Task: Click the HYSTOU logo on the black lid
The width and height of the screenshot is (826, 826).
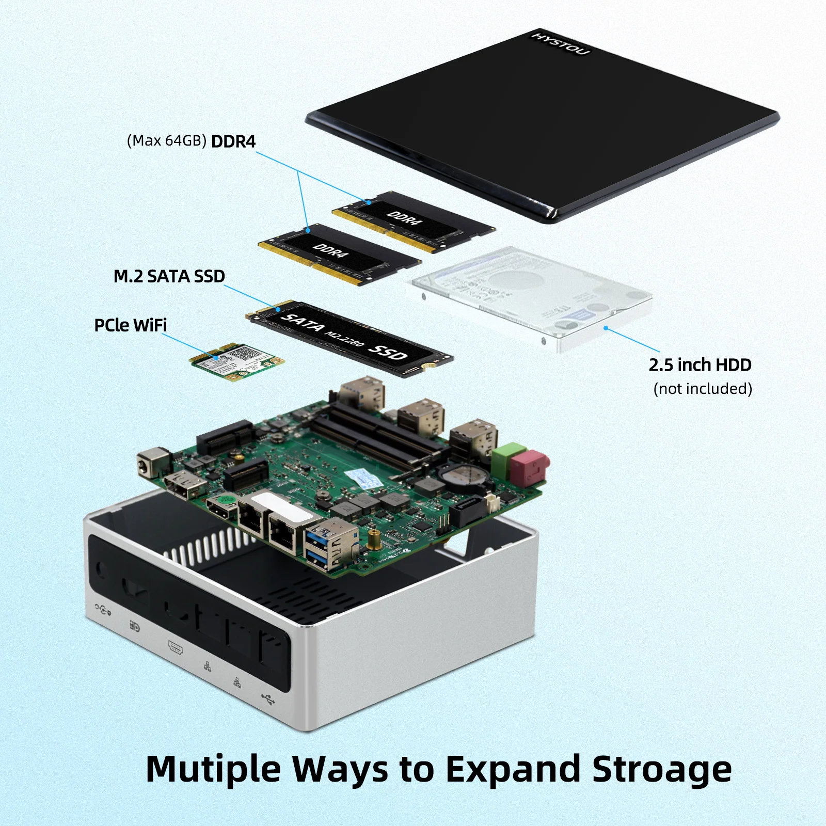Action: (x=561, y=43)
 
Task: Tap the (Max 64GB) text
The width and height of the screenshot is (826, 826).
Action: (x=166, y=141)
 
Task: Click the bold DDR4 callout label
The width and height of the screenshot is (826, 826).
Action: (x=233, y=141)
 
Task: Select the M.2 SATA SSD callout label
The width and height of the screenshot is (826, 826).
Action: (x=169, y=276)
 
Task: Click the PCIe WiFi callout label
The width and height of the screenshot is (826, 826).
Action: (x=131, y=325)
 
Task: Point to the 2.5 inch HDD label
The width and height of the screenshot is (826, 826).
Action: (x=700, y=365)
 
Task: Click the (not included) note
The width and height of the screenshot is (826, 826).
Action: (x=702, y=389)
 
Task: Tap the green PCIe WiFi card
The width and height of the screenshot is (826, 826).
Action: (x=237, y=361)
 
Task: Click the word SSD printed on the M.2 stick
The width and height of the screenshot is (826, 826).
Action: (x=388, y=352)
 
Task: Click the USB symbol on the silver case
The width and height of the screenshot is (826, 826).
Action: (x=268, y=700)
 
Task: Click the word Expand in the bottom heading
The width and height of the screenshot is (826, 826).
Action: (x=514, y=769)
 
